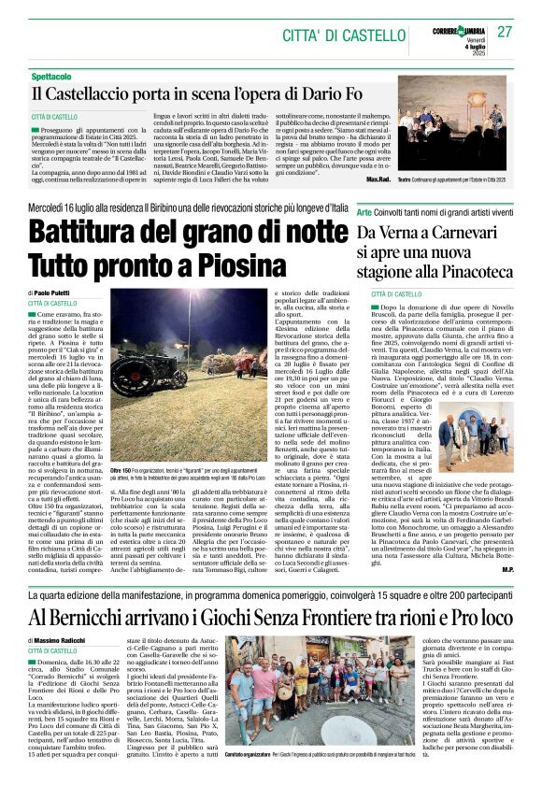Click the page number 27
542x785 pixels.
(x=505, y=32)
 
